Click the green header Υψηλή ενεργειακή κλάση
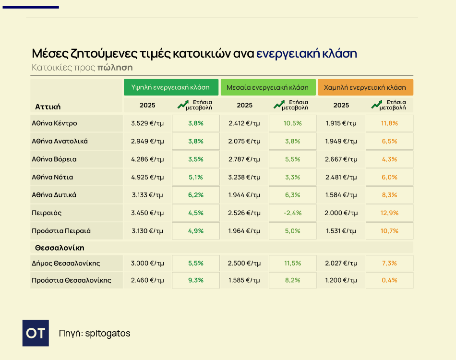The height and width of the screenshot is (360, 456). pyautogui.click(x=171, y=87)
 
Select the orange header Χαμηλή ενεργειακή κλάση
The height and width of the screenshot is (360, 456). pyautogui.click(x=365, y=87)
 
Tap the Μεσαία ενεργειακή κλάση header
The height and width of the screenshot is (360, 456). pyautogui.click(x=268, y=87)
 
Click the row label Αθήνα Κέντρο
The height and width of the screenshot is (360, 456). pyautogui.click(x=54, y=123)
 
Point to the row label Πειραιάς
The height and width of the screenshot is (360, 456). pyautogui.click(x=47, y=213)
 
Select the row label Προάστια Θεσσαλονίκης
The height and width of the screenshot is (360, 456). pyautogui.click(x=71, y=280)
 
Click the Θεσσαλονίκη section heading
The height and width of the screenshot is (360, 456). pyautogui.click(x=60, y=248)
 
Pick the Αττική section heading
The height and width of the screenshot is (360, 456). pyautogui.click(x=48, y=107)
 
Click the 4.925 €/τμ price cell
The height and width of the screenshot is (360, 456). pyautogui.click(x=147, y=177)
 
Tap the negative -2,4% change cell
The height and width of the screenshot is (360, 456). pyautogui.click(x=293, y=213)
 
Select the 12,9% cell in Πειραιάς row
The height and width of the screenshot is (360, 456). pyautogui.click(x=389, y=213)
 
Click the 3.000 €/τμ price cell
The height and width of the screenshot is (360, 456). pyautogui.click(x=147, y=263)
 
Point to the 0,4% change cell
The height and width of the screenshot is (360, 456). pyautogui.click(x=389, y=280)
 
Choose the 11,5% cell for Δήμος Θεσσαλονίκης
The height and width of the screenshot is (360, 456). pyautogui.click(x=293, y=263)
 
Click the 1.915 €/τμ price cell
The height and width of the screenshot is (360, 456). pyautogui.click(x=341, y=123)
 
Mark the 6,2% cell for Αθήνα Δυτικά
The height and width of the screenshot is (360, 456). pyautogui.click(x=196, y=195)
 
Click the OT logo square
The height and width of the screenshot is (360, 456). pyautogui.click(x=36, y=333)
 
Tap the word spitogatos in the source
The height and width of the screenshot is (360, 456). pyautogui.click(x=108, y=333)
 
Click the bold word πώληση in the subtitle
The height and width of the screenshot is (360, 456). pyautogui.click(x=115, y=67)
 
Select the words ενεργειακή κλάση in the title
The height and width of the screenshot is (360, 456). pyautogui.click(x=306, y=53)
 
